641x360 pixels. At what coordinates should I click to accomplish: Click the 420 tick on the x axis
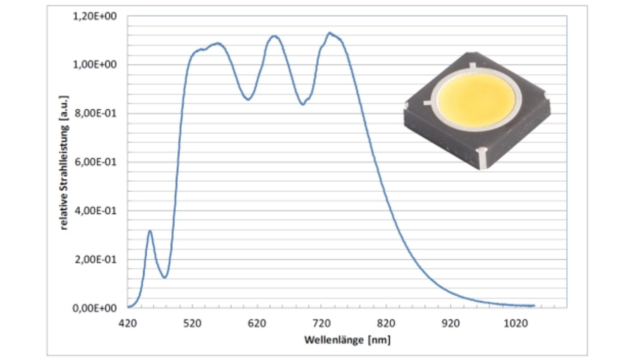point(128,324)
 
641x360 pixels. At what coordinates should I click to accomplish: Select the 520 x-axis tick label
point(192,324)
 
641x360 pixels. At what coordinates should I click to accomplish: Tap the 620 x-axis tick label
point(257,324)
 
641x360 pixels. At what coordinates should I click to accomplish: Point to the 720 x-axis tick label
point(322,324)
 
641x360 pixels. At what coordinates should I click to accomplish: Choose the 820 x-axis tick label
point(386,324)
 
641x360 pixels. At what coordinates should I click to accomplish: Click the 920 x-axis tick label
point(451,324)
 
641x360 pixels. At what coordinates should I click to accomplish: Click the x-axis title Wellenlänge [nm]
point(347,340)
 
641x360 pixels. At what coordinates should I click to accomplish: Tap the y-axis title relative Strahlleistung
point(65,162)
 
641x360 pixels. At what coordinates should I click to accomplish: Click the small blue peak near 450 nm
point(150,231)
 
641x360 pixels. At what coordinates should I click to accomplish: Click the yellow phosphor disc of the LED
point(476,101)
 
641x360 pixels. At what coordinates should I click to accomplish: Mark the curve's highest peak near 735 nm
point(329,33)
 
